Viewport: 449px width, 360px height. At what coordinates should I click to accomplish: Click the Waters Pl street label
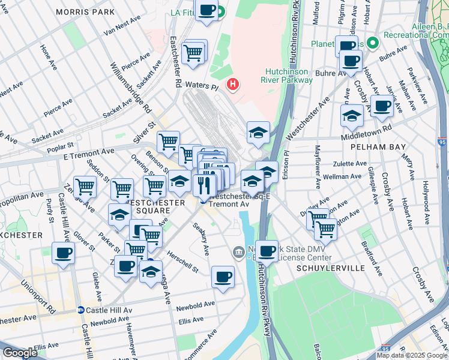coord(200,86)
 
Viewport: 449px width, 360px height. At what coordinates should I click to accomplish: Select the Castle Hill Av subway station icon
coord(80,310)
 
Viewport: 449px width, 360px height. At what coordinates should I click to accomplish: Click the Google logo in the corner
coord(20,353)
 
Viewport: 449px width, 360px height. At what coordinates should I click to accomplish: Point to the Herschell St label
coord(182,266)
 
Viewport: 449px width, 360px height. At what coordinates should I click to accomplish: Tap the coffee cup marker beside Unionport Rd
coord(63,253)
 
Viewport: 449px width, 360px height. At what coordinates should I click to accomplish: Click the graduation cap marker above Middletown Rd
coord(352,116)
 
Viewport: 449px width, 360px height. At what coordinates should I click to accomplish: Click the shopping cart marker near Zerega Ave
coord(85,187)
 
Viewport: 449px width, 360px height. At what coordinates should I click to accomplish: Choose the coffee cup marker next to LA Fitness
coord(207,10)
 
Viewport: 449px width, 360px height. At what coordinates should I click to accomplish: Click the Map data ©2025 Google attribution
coord(412,355)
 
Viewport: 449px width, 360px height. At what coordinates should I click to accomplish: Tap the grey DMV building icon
coord(238,251)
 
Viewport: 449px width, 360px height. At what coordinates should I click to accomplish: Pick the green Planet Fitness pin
coord(372,43)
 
